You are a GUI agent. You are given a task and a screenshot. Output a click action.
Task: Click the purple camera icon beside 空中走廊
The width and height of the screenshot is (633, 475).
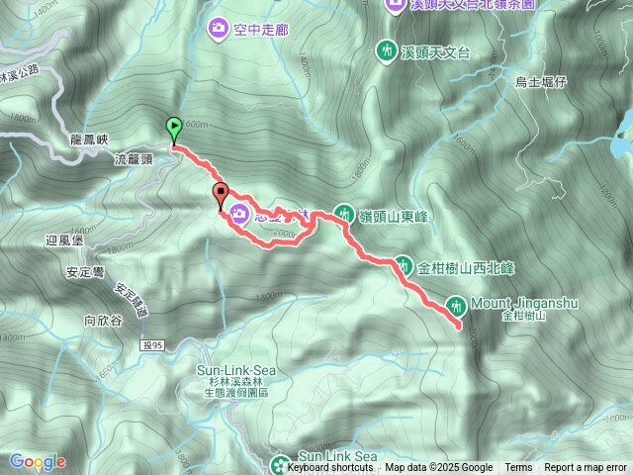click(x=218, y=30)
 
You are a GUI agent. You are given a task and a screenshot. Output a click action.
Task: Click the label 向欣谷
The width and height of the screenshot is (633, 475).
click(x=102, y=320)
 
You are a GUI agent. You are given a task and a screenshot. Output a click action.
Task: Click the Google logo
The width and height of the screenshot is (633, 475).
click(x=37, y=462)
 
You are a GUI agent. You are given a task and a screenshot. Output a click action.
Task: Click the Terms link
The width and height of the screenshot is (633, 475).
click(x=518, y=468)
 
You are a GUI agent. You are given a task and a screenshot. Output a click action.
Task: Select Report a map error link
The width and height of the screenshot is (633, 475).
click(x=586, y=468)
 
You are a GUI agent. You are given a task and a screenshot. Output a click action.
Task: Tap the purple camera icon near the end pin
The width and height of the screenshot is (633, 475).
click(x=239, y=213)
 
